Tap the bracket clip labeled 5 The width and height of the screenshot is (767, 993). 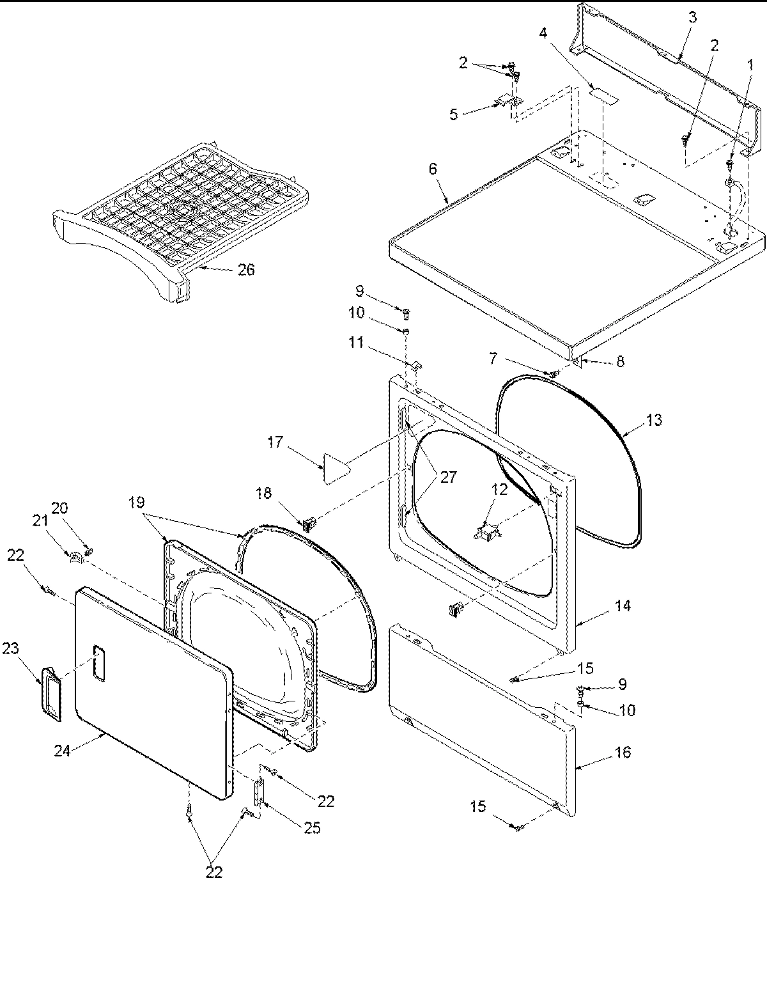[507, 102]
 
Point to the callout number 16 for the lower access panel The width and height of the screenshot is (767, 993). [622, 752]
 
